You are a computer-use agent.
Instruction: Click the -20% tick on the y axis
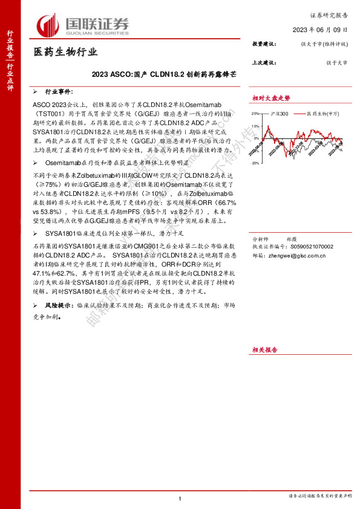pyautogui.click(x=256, y=163)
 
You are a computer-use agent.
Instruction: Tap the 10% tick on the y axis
pyautogui.click(x=257, y=126)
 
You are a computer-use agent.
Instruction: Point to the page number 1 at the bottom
pyautogui.click(x=180, y=498)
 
